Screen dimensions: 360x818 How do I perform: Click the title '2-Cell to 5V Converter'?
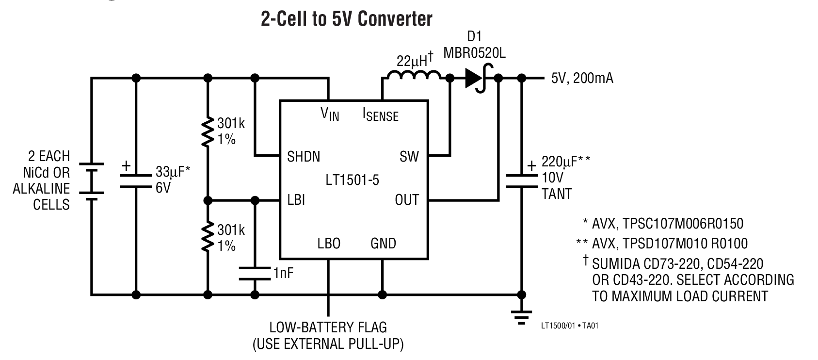[346, 19]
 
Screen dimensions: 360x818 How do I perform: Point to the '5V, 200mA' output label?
[582, 79]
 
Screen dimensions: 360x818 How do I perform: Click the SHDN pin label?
[303, 157]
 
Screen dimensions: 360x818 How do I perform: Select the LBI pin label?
[296, 199]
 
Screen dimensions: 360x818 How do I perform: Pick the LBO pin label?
[329, 243]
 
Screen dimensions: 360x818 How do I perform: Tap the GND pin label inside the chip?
[383, 243]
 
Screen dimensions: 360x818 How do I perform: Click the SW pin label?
[409, 157]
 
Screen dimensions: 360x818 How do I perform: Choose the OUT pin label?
[406, 199]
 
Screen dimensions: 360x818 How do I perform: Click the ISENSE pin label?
[381, 115]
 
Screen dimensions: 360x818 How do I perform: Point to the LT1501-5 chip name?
[353, 180]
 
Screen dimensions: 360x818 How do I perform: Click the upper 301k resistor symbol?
[208, 131]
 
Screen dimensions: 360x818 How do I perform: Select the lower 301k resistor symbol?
[208, 237]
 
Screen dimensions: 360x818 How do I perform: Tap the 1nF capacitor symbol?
[254, 273]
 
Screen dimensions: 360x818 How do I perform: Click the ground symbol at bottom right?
[521, 318]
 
